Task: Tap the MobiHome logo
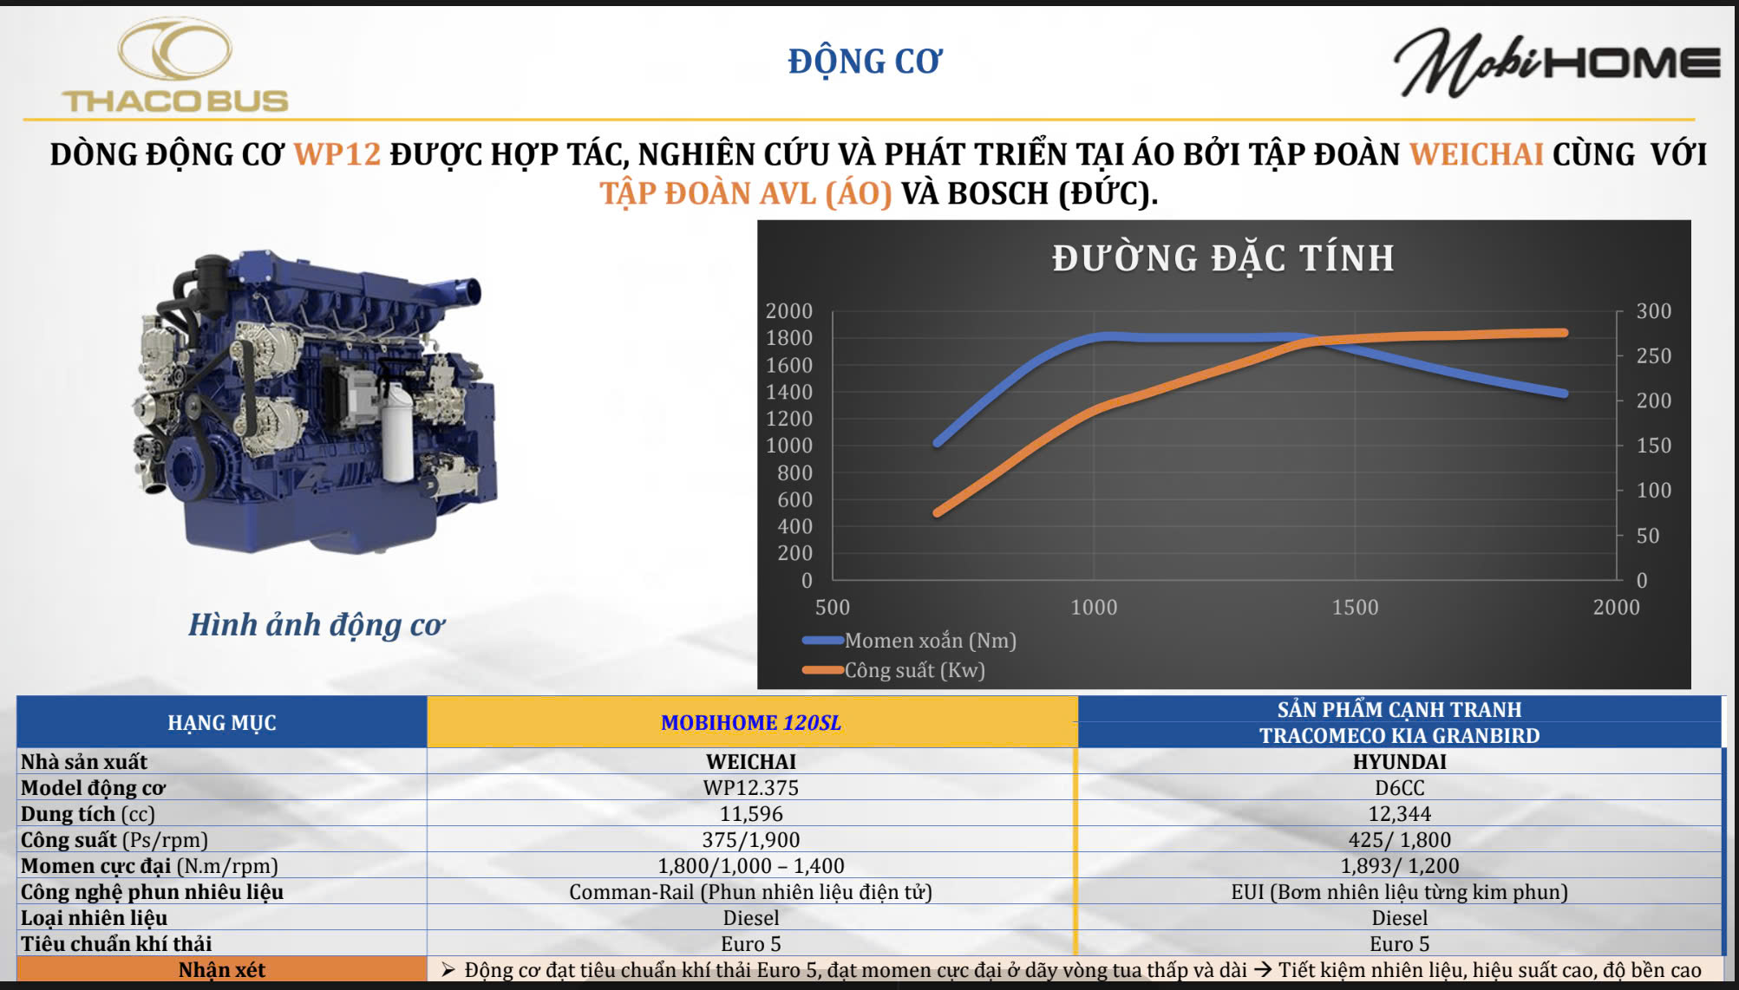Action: [x=1557, y=62]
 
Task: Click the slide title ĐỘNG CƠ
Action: [x=865, y=62]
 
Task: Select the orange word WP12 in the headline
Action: [x=337, y=154]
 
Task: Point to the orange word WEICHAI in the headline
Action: [x=1476, y=154]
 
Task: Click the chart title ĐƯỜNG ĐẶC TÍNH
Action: [x=1223, y=258]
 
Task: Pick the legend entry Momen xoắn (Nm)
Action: [x=910, y=641]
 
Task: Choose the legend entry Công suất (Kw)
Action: [x=894, y=670]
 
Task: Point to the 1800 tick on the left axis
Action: [x=789, y=338]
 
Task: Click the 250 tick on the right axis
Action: [x=1653, y=356]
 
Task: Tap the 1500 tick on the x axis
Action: [x=1355, y=607]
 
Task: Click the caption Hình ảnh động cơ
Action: [x=317, y=625]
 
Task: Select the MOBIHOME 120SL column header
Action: [x=751, y=722]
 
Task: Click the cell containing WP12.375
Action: [x=751, y=787]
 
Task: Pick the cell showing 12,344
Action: [x=1400, y=813]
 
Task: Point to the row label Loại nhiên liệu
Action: [x=95, y=917]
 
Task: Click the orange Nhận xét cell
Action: [x=222, y=969]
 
